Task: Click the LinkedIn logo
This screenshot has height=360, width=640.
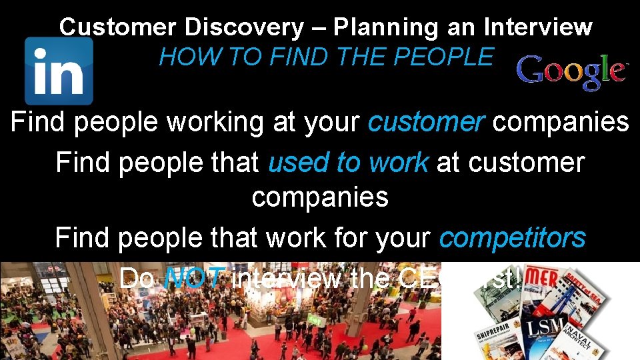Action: point(59,70)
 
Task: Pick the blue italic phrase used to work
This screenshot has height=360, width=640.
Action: point(348,162)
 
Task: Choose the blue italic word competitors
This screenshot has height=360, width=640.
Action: point(512,237)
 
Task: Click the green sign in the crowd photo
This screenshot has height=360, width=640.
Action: point(319,320)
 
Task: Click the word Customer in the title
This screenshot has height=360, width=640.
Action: point(119,27)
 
